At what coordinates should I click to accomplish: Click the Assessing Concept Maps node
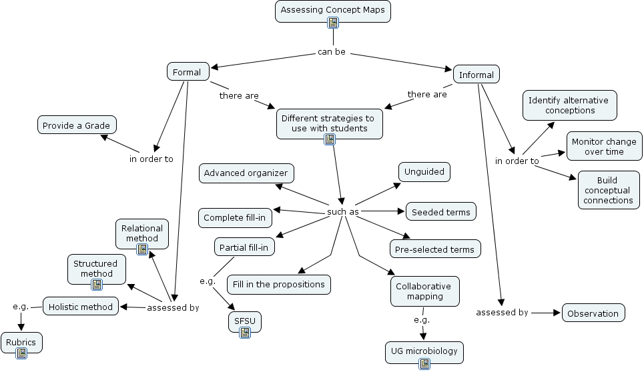pyautogui.click(x=332, y=11)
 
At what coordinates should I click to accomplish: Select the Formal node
pyautogui.click(x=188, y=71)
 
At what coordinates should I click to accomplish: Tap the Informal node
pyautogui.click(x=476, y=75)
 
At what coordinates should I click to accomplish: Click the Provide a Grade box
pyautogui.click(x=76, y=125)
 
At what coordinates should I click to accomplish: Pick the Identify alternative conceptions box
pyautogui.click(x=569, y=105)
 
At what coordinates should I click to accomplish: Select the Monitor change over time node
pyautogui.click(x=604, y=147)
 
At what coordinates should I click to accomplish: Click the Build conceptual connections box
pyautogui.click(x=607, y=190)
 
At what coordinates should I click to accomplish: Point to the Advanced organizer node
pyautogui.click(x=246, y=173)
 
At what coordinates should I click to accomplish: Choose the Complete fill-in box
pyautogui.click(x=234, y=218)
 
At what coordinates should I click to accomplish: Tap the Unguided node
pyautogui.click(x=424, y=172)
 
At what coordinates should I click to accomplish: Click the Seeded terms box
pyautogui.click(x=440, y=212)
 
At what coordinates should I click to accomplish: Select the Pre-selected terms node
pyautogui.click(x=434, y=249)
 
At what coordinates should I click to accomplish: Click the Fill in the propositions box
pyautogui.click(x=278, y=285)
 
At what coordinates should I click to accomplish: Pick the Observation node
pyautogui.click(x=593, y=313)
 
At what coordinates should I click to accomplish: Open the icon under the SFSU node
pyautogui.click(x=244, y=332)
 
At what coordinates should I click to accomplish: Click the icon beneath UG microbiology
pyautogui.click(x=424, y=363)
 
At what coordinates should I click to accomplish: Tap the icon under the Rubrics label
pyautogui.click(x=21, y=353)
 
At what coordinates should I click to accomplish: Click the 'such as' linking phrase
pyautogui.click(x=342, y=212)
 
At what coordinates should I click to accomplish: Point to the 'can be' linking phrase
pyautogui.click(x=331, y=52)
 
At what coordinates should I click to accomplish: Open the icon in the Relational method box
pyautogui.click(x=142, y=249)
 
